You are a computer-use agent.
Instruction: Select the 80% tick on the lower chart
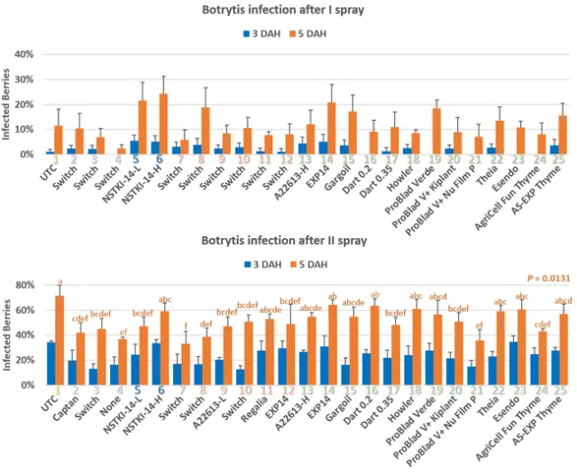(x=27, y=286)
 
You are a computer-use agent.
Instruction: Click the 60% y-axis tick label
(x=27, y=311)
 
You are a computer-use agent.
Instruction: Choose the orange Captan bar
(x=80, y=359)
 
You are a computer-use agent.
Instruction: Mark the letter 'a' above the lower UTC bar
(x=60, y=282)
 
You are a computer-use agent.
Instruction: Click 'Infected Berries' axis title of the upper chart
(x=6, y=104)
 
